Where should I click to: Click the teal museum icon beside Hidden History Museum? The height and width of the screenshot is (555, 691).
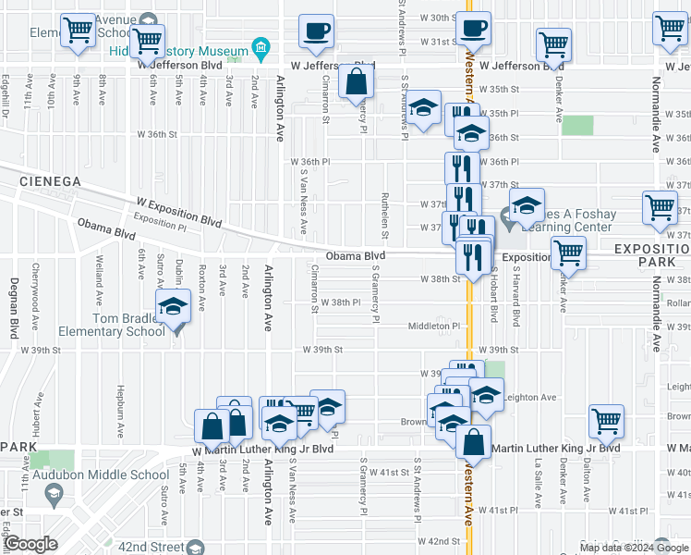coord(261,48)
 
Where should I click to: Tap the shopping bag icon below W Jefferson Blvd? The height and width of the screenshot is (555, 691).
coord(356,83)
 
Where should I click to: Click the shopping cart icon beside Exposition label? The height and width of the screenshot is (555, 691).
coord(568,253)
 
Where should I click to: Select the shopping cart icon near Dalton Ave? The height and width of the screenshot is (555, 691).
coord(607,422)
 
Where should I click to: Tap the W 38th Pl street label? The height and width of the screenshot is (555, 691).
coord(340,302)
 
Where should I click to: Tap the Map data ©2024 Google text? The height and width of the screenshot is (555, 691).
coord(633,548)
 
